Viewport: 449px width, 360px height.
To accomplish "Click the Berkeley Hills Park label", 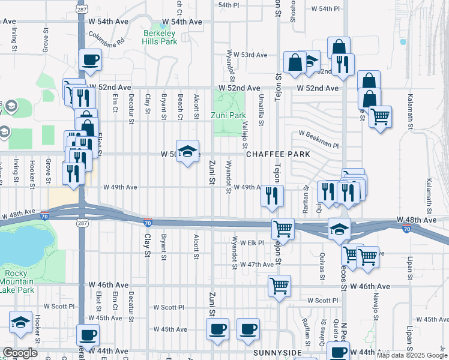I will point(160,37).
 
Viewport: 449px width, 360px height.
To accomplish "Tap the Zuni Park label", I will point(229,115).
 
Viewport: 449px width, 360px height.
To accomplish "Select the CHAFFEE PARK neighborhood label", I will point(277,154).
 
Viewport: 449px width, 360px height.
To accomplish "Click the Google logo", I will point(20,353).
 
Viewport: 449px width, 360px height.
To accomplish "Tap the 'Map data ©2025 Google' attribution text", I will point(412,355).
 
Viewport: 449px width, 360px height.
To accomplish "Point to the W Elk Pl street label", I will point(252,243).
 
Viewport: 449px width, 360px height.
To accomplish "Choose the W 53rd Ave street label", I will point(250,55).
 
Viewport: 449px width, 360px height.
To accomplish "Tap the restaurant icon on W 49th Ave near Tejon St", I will point(273,195).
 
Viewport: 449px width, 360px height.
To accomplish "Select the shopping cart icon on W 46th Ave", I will point(279,286).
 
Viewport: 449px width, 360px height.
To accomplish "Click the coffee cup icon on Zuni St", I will point(217,329).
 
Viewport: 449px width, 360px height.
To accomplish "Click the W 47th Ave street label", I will point(257,265).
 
